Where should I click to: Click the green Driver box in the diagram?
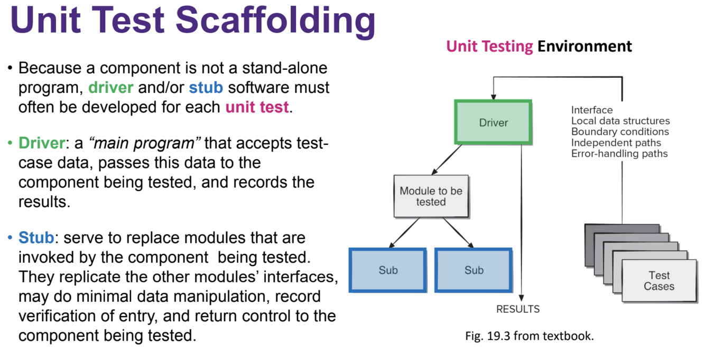[493, 123]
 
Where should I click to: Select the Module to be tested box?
[431, 196]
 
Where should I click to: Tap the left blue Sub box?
[388, 270]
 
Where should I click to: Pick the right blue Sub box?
[474, 270]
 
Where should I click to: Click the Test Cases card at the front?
[658, 281]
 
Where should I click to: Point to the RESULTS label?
[518, 309]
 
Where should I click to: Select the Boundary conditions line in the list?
[620, 132]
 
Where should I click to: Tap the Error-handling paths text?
[619, 154]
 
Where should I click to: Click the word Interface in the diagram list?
[592, 110]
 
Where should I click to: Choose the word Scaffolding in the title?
[275, 21]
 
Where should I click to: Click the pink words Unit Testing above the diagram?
[489, 47]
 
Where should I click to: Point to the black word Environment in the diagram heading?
[585, 47]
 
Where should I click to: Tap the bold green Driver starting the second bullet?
[40, 143]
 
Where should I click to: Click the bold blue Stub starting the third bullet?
[36, 238]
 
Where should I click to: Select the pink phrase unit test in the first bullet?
[257, 107]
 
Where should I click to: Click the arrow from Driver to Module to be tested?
[447, 160]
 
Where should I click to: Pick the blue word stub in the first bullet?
[206, 87]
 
